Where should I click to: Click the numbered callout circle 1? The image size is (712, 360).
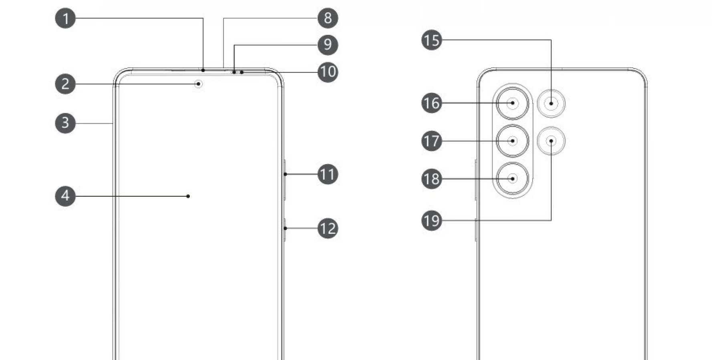click(x=65, y=18)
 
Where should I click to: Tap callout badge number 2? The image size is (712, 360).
click(x=65, y=84)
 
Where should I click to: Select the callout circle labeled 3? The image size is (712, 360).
click(x=65, y=123)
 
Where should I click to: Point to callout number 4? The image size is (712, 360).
click(x=65, y=196)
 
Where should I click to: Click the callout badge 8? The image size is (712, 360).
click(x=328, y=18)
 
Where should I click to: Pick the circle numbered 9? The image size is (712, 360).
click(x=328, y=45)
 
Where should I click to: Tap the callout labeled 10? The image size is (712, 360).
click(x=328, y=72)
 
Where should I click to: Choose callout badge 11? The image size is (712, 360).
click(x=328, y=174)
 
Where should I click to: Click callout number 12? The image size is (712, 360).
click(x=328, y=229)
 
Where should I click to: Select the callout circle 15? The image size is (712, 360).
click(x=432, y=40)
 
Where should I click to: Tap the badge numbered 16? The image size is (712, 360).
click(x=432, y=103)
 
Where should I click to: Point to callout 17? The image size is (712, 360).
click(x=432, y=141)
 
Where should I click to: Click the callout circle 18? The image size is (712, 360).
click(x=432, y=179)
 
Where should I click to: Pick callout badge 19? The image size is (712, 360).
click(x=432, y=220)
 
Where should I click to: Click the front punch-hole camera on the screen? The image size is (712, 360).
click(x=199, y=84)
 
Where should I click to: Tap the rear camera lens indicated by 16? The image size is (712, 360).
click(x=513, y=103)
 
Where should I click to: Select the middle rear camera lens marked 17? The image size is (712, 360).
click(x=513, y=141)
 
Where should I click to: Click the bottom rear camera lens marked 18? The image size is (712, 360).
click(x=513, y=179)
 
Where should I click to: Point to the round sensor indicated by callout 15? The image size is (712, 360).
click(x=551, y=103)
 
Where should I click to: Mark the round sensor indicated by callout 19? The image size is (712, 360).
click(x=551, y=141)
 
